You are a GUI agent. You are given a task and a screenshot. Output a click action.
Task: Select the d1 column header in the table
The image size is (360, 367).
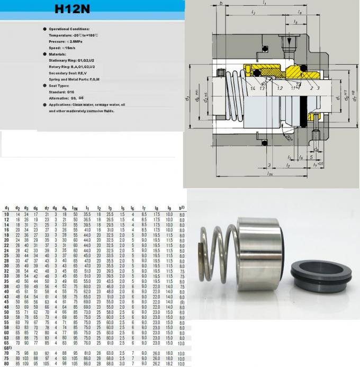point(7,209)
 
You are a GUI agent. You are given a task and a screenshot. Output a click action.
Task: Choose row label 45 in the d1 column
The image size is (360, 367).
point(7,301)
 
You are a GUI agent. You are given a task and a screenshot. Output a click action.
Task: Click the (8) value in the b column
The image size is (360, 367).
point(182,301)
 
